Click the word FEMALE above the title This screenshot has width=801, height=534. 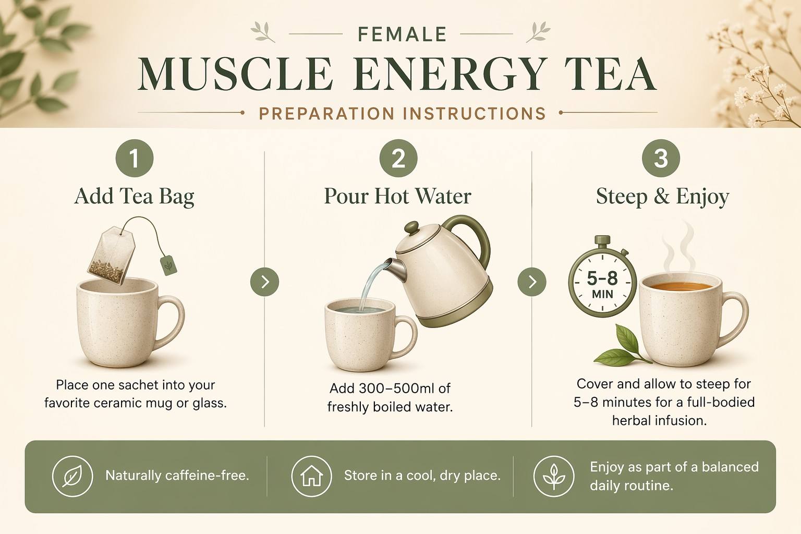402,34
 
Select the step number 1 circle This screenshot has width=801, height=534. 135,158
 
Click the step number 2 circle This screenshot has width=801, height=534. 398,158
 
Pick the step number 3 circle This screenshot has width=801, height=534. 661,158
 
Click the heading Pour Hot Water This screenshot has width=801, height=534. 398,196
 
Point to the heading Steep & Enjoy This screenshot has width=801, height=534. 662,197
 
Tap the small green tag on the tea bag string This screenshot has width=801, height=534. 168,265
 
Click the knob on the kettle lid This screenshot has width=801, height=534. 411,228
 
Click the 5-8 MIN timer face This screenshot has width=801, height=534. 602,283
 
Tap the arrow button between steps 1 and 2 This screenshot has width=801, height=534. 264,282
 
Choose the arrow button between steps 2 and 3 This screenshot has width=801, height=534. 532,282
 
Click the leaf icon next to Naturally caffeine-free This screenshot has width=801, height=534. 72,476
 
